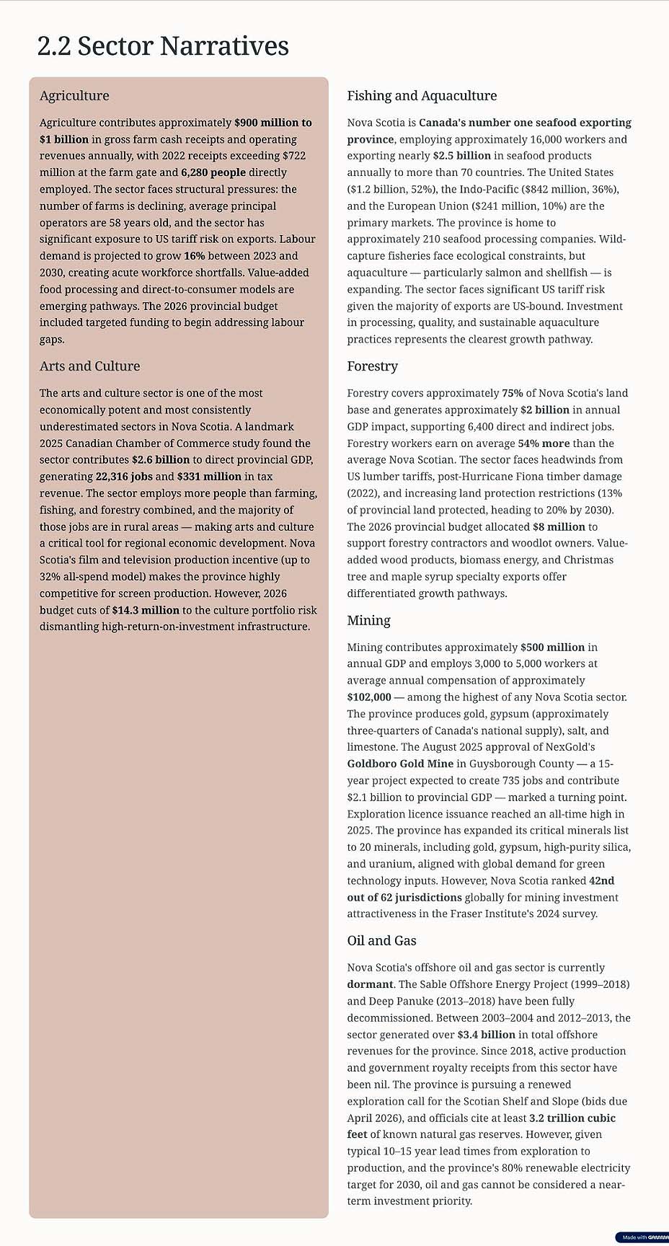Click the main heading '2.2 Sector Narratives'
point(163,46)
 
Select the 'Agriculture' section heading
point(74,96)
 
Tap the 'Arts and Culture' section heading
point(89,366)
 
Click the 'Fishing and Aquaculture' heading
point(422,96)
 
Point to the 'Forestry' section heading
point(372,366)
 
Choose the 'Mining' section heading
point(368,621)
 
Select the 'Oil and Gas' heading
point(381,941)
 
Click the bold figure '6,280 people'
point(213,172)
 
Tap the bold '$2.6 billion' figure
point(161,460)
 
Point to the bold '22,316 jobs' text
point(124,477)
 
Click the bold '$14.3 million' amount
point(146,610)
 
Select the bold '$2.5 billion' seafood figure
point(461,156)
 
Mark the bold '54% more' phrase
point(544,443)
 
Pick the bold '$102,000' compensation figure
point(369,697)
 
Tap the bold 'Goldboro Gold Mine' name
point(400,764)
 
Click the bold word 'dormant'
point(370,984)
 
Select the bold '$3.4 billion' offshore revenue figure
point(486,1035)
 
